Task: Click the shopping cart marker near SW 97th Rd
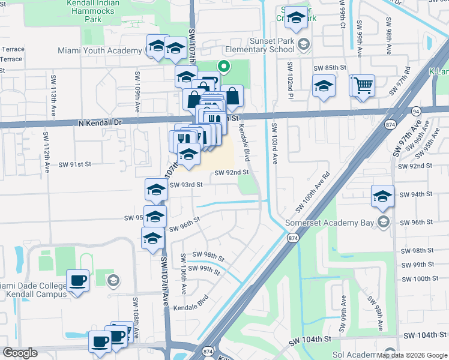click(363, 85)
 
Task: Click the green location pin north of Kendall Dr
click(224, 67)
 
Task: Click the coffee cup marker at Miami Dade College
click(77, 280)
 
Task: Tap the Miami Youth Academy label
click(100, 50)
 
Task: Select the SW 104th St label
click(426, 338)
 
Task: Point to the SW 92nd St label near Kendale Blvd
click(232, 173)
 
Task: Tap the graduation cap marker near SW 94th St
click(382, 196)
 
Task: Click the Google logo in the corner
click(20, 353)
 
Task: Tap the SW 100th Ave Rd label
click(313, 193)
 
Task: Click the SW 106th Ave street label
click(182, 273)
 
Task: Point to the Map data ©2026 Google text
click(411, 355)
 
